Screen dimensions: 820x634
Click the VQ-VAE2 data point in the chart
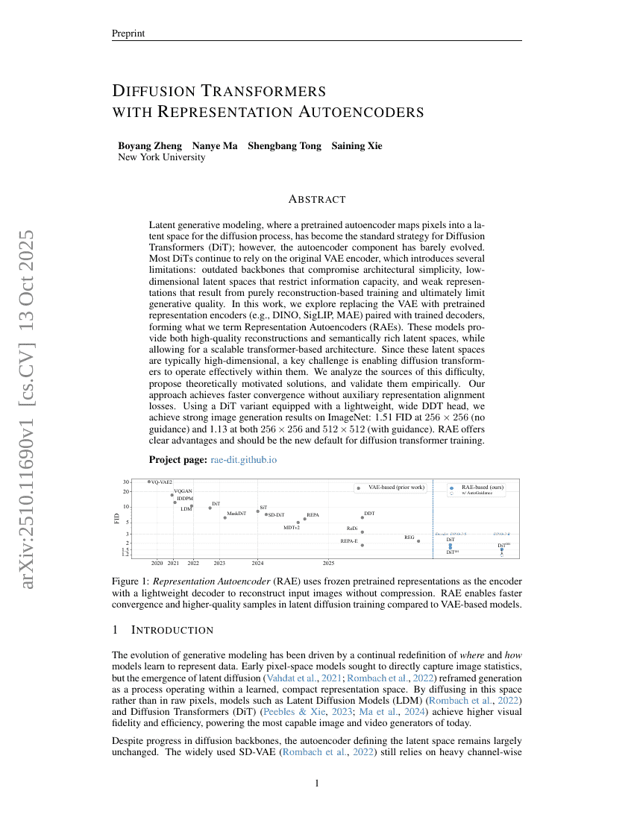[149, 482]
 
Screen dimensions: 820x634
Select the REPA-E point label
[349, 540]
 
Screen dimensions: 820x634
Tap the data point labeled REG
[418, 541]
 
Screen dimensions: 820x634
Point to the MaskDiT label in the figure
[236, 514]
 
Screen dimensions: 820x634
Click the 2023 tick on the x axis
[219, 563]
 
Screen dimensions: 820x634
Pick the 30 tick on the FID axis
[128, 482]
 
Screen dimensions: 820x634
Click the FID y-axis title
[117, 518]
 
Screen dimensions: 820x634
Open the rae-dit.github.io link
[244, 460]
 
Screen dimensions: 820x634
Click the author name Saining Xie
[357, 145]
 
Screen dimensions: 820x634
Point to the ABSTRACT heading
[317, 199]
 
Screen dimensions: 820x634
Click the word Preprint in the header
[128, 34]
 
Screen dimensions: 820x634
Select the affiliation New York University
[162, 157]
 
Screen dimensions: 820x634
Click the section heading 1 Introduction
[163, 630]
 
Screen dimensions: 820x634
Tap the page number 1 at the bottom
[317, 783]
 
